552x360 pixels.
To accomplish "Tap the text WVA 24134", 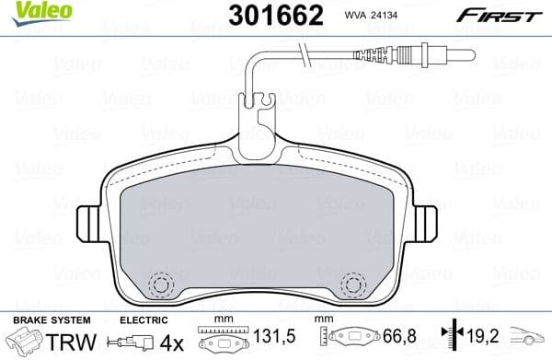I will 369,14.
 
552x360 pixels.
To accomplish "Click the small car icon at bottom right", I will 531,340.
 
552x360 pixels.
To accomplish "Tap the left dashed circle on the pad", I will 162,285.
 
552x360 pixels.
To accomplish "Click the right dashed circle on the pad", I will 351,285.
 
